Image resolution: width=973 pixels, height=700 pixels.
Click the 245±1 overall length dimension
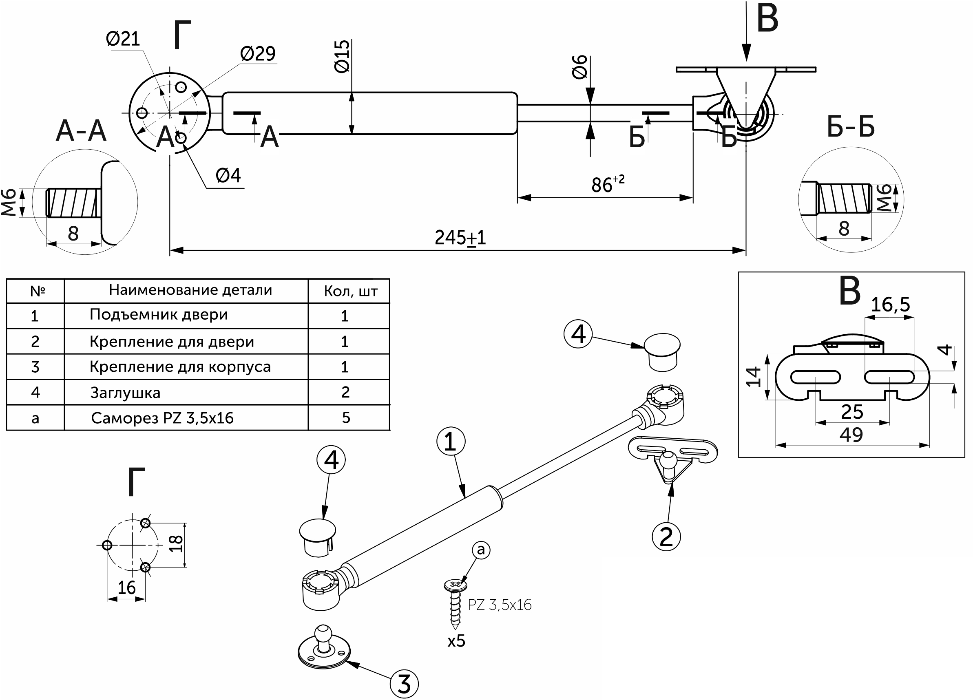(460, 238)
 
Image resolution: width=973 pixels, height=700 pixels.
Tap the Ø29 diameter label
(258, 54)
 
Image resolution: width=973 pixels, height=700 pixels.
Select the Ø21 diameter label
(123, 39)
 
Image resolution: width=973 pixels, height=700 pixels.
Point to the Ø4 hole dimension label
(228, 175)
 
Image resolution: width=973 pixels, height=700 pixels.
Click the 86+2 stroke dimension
(607, 184)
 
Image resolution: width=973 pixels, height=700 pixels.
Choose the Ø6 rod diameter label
(580, 67)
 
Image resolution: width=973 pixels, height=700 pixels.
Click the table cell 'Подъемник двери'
(158, 315)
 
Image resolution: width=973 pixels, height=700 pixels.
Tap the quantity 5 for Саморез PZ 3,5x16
(346, 418)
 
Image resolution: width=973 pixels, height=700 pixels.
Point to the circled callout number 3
(404, 684)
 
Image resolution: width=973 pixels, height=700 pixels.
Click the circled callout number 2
(666, 537)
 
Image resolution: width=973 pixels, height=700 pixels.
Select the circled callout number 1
(451, 442)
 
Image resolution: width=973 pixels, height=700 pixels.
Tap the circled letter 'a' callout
(480, 550)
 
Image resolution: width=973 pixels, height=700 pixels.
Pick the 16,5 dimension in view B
(890, 305)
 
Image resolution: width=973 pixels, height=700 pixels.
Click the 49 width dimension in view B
(851, 435)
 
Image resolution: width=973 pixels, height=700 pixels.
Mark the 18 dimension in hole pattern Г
(176, 544)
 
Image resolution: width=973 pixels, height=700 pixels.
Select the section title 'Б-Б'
(851, 127)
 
